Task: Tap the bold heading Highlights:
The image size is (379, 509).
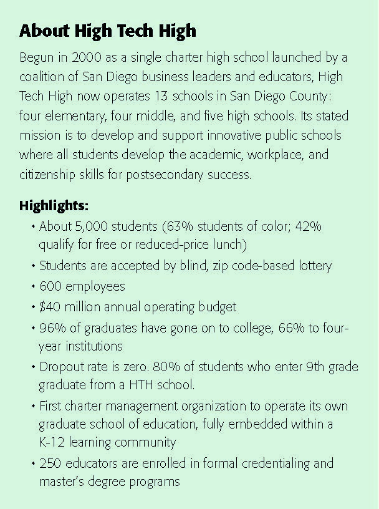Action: point(54,205)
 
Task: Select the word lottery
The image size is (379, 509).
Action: point(311,266)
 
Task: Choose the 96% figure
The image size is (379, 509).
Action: point(52,327)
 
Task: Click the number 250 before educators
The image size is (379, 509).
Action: point(51,463)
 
